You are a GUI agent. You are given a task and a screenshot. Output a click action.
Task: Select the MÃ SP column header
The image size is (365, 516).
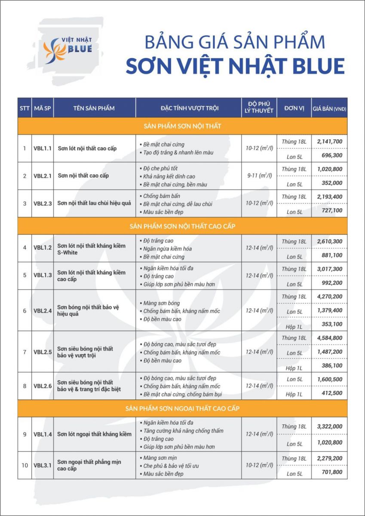coord(42,108)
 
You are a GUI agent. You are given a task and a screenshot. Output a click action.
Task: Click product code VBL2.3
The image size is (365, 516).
coord(43,203)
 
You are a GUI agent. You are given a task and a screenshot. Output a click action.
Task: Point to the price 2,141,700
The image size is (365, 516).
coord(329,141)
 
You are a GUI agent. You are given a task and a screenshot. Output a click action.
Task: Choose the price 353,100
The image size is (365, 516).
coord(329,324)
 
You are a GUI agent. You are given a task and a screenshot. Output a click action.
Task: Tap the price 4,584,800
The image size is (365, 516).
coord(329,338)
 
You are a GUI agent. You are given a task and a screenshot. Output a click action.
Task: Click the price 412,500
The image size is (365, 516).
coord(329,393)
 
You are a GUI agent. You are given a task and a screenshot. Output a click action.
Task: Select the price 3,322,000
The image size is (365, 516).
coord(329,426)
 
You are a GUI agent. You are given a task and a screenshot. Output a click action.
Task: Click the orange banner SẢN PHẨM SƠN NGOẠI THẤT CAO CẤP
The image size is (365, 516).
coord(182,408)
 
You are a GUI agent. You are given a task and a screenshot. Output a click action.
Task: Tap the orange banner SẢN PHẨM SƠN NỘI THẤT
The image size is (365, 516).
coord(182,126)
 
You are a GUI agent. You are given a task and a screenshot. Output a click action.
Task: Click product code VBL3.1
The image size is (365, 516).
coord(43,465)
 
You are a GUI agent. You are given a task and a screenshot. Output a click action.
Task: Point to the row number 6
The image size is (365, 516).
coord(25,310)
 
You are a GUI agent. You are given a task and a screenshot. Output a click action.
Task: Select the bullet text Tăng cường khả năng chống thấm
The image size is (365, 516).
coord(183,431)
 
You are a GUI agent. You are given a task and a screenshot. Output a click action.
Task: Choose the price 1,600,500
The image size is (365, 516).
coord(329,379)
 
